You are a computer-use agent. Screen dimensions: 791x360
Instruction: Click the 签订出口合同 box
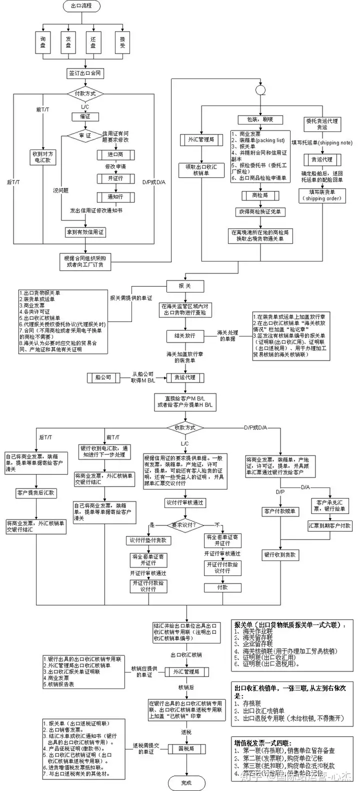pos(85,73)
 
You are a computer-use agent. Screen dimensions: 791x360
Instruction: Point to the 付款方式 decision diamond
pos(85,93)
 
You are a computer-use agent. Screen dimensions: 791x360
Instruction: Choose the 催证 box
pos(85,116)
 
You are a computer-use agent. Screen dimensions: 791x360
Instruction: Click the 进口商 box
pos(115,154)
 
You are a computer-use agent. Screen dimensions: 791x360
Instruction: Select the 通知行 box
pos(115,197)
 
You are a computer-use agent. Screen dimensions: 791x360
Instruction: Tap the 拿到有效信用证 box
pos(85,232)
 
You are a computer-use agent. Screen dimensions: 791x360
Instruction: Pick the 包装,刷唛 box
pos(260,120)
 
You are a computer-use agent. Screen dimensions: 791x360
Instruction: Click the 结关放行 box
pos(185,335)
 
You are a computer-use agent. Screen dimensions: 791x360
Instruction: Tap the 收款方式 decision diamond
pos(185,427)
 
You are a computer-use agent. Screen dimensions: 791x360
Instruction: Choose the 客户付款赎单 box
pos(280,511)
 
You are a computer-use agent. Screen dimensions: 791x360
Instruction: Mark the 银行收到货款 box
pos(280,554)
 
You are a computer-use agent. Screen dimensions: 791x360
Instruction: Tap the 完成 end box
pos(186,782)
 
